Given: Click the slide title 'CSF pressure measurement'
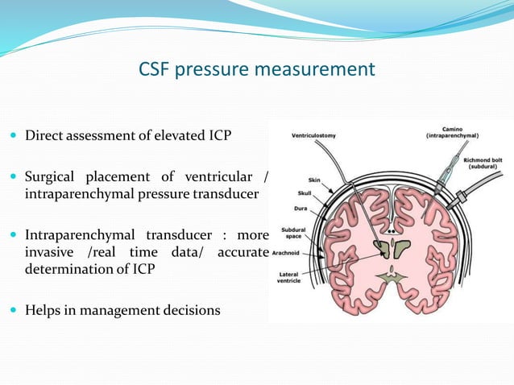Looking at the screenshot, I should pos(256,69).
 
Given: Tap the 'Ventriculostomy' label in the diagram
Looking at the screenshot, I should pos(315,135).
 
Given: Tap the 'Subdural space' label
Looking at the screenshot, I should pos(292,233).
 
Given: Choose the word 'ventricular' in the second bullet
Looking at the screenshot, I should pos(218,177).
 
